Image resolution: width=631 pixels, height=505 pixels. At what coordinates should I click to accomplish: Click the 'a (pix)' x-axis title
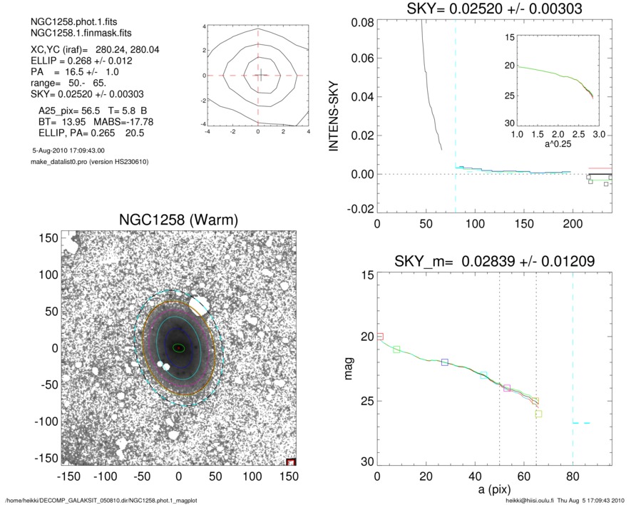pyautogui.click(x=493, y=492)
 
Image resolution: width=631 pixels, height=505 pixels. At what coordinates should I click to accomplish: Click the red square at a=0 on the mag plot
pyautogui.click(x=379, y=336)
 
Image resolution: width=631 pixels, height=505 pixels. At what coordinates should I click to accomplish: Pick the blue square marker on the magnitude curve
pyautogui.click(x=445, y=362)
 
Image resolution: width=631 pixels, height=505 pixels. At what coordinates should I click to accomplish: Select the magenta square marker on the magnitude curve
pyautogui.click(x=507, y=388)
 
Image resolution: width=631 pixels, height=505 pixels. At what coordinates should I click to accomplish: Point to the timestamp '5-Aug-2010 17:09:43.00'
pyautogui.click(x=68, y=151)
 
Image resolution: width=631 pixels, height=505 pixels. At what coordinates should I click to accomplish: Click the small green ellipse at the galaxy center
pyautogui.click(x=178, y=347)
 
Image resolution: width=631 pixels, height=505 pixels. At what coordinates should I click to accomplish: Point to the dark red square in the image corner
pyautogui.click(x=290, y=462)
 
